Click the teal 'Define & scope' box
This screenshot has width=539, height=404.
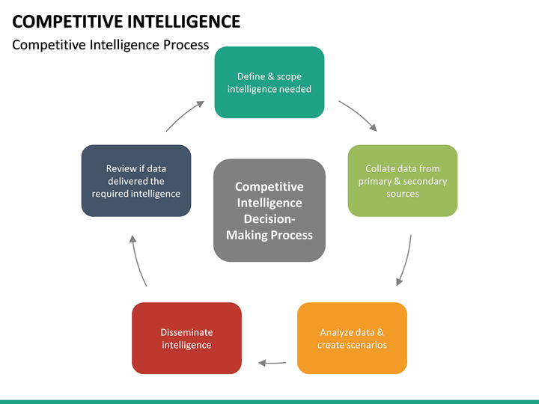(269, 82)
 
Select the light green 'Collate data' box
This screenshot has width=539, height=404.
(403, 180)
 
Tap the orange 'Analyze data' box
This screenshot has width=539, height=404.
(352, 338)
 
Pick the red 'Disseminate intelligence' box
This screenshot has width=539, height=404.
(186, 338)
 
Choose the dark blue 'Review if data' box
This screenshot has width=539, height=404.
(136, 180)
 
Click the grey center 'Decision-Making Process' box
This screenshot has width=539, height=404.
(269, 210)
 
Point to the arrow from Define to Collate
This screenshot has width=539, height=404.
(358, 115)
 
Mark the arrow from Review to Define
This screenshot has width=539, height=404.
(184, 115)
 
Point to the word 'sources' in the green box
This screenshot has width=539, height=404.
(403, 194)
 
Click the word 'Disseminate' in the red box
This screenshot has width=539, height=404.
(186, 332)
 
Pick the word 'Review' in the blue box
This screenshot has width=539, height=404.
(121, 168)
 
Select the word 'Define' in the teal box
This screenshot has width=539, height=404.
(251, 76)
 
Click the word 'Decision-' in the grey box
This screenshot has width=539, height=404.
(269, 219)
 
